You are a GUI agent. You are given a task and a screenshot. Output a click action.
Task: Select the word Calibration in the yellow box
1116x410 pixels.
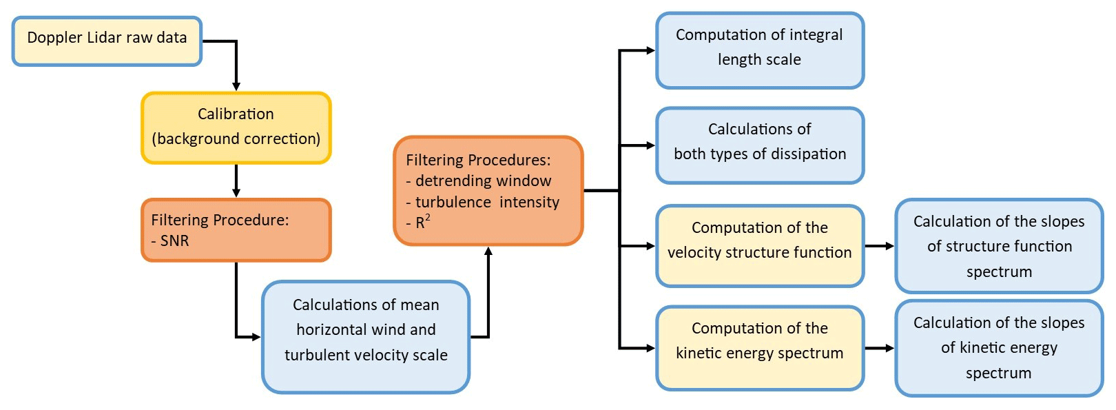click(236, 114)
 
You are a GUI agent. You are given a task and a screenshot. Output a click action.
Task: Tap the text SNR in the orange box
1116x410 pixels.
click(174, 240)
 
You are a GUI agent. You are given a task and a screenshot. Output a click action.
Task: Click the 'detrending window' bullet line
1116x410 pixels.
click(483, 181)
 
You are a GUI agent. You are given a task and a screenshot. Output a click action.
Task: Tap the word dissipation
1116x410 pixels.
click(805, 154)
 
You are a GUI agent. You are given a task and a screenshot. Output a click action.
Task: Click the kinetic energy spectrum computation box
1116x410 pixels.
click(760, 348)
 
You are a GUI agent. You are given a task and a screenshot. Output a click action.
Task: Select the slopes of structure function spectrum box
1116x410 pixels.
click(999, 246)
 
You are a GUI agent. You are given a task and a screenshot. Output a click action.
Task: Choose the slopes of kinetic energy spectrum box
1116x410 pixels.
click(999, 348)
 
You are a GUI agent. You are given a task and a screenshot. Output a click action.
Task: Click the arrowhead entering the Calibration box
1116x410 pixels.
click(236, 86)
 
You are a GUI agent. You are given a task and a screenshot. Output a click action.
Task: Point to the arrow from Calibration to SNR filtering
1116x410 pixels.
click(236, 181)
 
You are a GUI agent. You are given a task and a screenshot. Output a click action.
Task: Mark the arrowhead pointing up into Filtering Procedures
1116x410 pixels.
click(488, 252)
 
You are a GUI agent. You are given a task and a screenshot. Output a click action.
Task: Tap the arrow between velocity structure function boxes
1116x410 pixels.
click(880, 246)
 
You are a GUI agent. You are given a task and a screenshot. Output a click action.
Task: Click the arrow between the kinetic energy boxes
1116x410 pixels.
click(880, 348)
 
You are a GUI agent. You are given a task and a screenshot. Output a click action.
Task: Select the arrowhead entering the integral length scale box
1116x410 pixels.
click(650, 50)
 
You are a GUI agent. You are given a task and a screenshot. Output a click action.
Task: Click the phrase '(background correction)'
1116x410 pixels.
click(236, 139)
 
